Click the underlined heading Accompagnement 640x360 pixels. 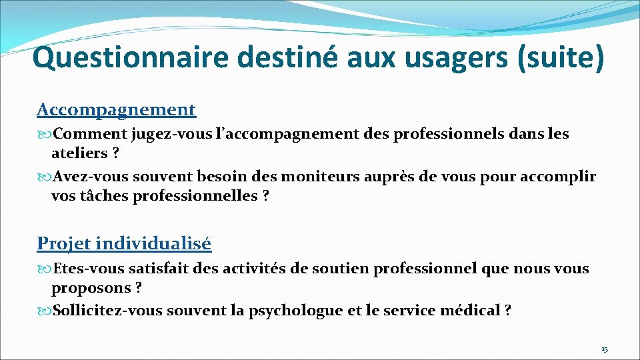[x=117, y=109]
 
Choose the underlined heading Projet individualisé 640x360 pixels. [x=124, y=243]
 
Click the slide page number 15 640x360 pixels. [x=604, y=349]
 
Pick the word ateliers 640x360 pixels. [x=79, y=153]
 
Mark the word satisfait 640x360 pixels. [x=157, y=269]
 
